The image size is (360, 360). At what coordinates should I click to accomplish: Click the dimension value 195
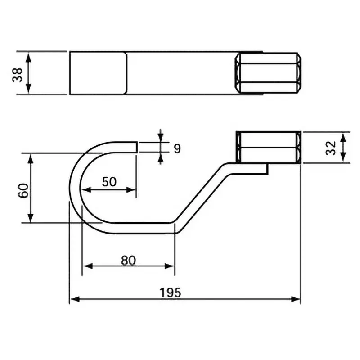click(170, 292)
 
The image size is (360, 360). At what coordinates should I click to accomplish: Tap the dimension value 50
click(109, 182)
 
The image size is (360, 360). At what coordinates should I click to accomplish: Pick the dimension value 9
click(177, 148)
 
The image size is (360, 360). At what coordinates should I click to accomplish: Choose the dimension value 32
click(331, 147)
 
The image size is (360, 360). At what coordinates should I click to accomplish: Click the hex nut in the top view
click(269, 73)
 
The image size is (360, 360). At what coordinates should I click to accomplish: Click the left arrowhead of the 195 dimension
click(72, 299)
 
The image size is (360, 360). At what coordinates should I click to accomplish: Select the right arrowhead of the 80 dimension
click(171, 265)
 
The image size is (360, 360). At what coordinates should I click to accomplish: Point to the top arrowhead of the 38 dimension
click(28, 55)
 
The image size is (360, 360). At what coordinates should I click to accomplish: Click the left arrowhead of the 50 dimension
click(85, 189)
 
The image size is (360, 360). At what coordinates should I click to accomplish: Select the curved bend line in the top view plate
click(126, 73)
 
